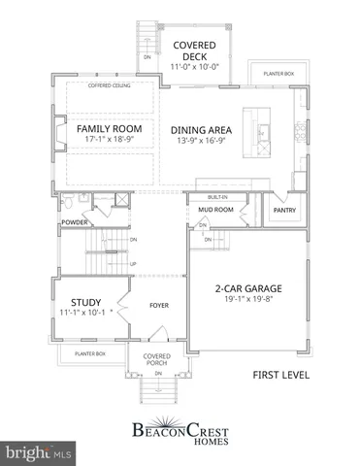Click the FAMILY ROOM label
[110, 128]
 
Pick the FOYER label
[159, 306]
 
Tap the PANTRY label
[284, 208]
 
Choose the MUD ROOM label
[216, 208]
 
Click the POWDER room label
[75, 222]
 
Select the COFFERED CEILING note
[108, 85]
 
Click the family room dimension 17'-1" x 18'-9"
[110, 141]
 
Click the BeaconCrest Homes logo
[180, 430]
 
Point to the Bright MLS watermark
[39, 452]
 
